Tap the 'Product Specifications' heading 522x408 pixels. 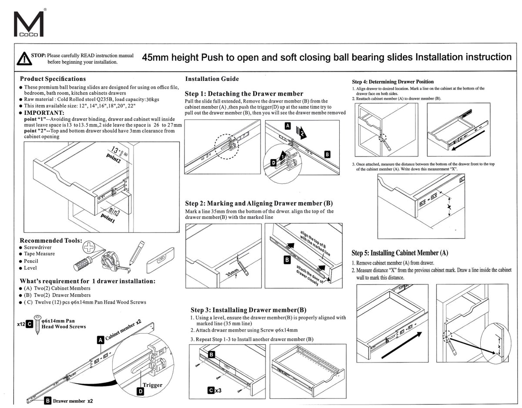(53, 79)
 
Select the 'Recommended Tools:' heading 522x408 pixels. (51, 241)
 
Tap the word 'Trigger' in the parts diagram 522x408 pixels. (153, 385)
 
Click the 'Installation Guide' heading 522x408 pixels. (212, 79)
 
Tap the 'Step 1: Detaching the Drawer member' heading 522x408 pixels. (244, 94)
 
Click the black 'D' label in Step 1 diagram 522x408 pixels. (274, 163)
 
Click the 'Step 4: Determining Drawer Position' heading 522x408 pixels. (392, 81)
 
